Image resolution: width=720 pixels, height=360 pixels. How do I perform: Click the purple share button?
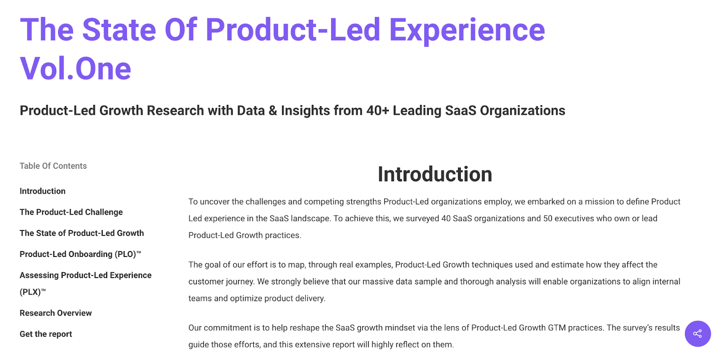(697, 333)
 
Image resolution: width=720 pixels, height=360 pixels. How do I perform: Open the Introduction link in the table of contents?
(42, 191)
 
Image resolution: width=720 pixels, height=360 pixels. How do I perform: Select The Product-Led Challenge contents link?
(71, 212)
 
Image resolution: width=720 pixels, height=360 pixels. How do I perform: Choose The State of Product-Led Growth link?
(81, 233)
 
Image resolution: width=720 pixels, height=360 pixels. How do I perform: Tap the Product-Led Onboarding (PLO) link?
(81, 254)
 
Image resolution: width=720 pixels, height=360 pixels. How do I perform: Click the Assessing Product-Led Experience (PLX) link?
(85, 283)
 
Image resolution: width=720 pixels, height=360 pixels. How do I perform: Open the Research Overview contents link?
(56, 313)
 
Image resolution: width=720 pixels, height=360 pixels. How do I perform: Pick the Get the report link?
(45, 334)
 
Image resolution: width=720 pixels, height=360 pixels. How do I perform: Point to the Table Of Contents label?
(53, 166)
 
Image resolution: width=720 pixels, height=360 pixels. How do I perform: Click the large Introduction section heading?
(435, 174)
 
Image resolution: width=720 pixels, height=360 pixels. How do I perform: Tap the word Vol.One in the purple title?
(76, 68)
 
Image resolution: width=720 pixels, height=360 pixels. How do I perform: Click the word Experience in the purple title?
(467, 31)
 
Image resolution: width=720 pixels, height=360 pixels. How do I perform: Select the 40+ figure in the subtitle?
(378, 111)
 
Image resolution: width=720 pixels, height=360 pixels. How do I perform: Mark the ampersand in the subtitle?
(273, 111)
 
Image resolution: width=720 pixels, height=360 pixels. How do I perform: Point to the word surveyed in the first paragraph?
(423, 219)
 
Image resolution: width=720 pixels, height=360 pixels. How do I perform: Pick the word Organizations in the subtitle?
(522, 111)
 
